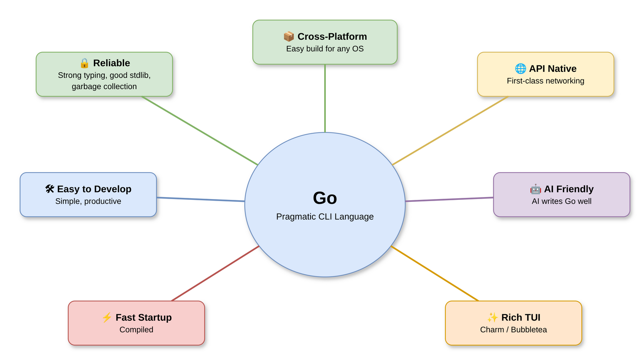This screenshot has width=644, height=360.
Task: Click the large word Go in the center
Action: point(325,198)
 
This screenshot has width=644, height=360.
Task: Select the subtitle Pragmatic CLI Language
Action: point(325,217)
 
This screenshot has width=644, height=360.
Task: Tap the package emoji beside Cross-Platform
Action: point(288,37)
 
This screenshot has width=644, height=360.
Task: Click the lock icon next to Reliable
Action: point(84,63)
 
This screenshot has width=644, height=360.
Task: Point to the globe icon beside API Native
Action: point(520,69)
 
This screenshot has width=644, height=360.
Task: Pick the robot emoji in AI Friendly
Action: point(535,189)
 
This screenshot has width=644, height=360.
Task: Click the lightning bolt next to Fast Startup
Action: point(107,317)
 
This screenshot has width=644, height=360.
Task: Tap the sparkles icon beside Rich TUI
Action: point(492,317)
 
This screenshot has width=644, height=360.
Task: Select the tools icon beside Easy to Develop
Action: point(50,189)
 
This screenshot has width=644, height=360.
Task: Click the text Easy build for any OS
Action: point(325,49)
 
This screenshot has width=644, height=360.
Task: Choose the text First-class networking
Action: point(545,81)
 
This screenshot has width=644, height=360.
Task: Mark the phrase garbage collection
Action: point(104,87)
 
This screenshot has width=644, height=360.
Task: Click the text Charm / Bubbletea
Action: point(513,330)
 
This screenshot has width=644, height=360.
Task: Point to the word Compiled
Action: point(136,330)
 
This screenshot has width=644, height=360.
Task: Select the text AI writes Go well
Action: point(561,201)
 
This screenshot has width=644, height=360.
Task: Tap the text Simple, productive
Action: point(88,201)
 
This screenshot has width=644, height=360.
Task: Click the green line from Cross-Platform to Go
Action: point(325,98)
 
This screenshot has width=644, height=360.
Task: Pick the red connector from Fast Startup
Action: point(215,273)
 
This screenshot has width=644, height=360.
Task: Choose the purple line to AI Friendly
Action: point(449,199)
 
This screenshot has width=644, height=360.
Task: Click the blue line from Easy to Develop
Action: point(201,199)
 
